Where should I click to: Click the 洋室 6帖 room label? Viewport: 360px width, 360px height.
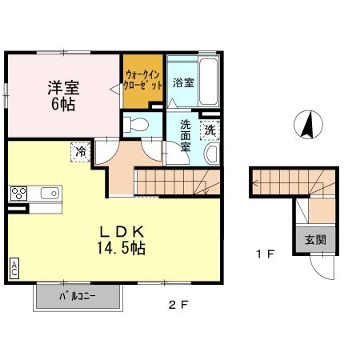pos(62,94)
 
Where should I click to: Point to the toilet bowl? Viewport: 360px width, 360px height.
pos(138,124)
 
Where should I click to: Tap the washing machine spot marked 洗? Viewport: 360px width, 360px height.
pos(209,130)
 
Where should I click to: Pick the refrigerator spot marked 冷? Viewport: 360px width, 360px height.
pos(81,150)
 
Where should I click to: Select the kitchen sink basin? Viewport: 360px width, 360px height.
pos(48,193)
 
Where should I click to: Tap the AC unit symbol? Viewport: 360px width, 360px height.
pos(14,269)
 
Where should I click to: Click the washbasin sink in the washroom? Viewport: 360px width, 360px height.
pos(212,153)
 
